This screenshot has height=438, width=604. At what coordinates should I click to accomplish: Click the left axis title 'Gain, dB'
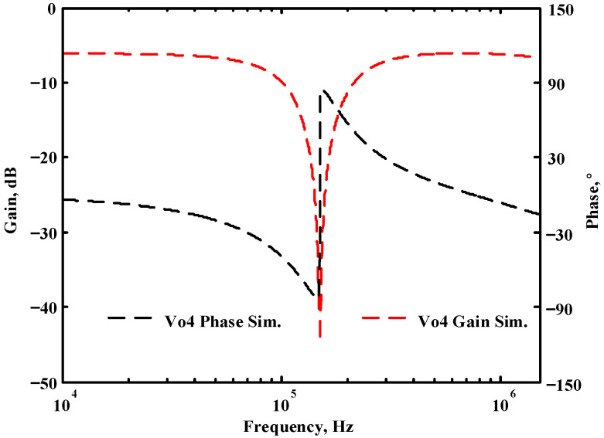[11, 196]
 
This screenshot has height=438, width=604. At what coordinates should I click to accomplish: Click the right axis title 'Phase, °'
[592, 202]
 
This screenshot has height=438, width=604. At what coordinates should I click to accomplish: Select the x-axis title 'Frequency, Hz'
[300, 426]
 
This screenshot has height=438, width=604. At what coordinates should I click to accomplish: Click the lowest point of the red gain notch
[320, 336]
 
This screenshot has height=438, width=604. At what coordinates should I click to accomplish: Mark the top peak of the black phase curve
[325, 90]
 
